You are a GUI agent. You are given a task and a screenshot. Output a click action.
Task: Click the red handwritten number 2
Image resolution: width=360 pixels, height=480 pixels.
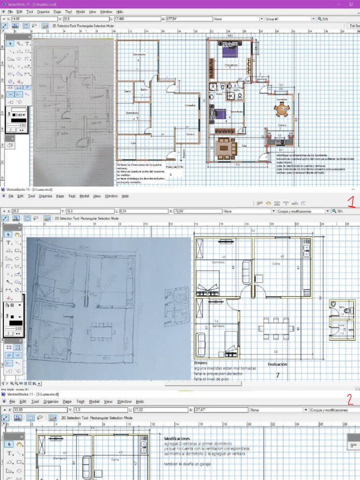point(350,399)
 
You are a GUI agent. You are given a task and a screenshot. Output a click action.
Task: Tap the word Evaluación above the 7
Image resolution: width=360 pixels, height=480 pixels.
point(277,364)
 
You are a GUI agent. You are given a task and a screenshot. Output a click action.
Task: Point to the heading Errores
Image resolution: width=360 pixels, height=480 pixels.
point(201,363)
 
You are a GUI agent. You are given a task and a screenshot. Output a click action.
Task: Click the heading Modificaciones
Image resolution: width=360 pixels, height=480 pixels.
point(177,438)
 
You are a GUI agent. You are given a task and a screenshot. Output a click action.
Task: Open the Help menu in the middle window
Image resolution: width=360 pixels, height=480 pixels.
point(125,196)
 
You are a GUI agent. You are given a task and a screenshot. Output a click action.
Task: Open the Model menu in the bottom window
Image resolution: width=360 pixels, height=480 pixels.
point(94,402)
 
